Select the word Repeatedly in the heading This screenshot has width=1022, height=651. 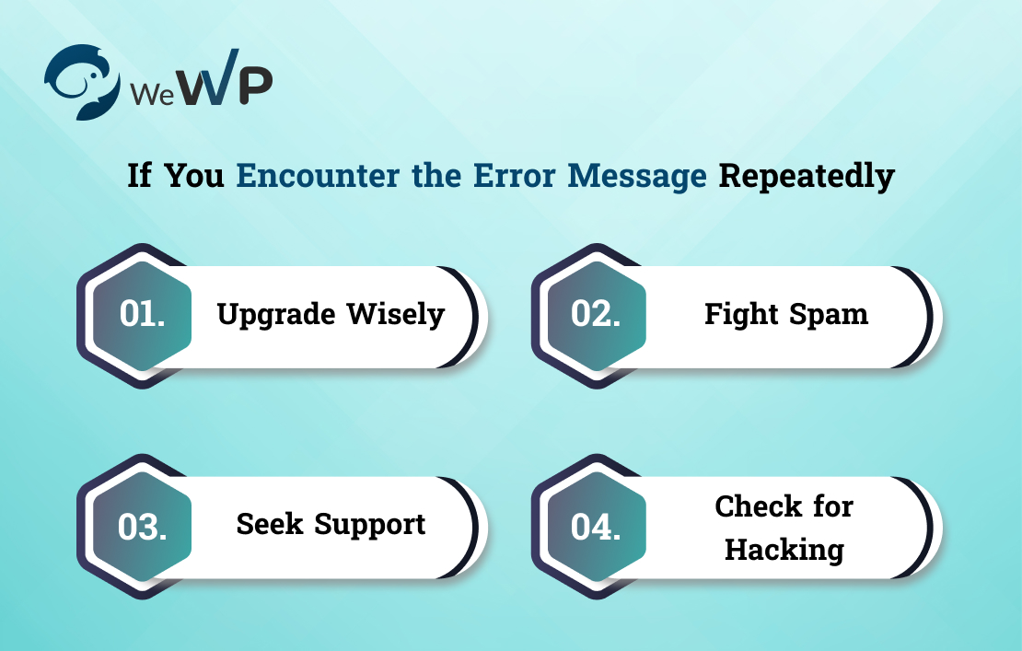click(807, 175)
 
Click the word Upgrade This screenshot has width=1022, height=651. click(276, 315)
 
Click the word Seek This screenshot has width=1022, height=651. click(271, 524)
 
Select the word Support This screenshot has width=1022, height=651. click(370, 525)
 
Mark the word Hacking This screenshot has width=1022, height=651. click(784, 550)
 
